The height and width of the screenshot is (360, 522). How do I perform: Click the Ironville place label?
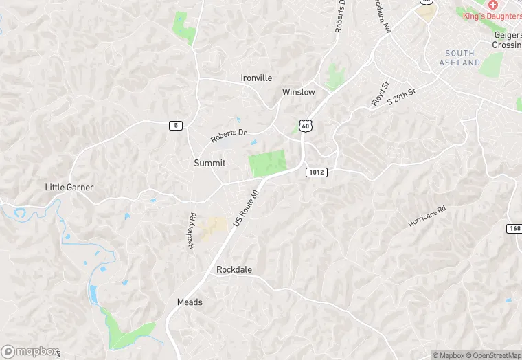pos(256,78)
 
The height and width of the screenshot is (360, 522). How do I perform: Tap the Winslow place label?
pos(298,92)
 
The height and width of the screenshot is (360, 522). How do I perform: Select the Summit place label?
pos(209,163)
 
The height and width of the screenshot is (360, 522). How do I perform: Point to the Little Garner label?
pos(69,188)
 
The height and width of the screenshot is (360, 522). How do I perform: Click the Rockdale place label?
pos(234,270)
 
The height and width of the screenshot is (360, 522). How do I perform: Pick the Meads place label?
pos(190,302)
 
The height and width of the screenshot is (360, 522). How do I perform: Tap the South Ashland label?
pos(459,58)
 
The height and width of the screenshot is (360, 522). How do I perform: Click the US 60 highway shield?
pos(306,126)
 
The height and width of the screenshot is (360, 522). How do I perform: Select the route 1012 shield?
pos(316,172)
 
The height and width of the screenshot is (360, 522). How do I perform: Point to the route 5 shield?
pos(177,125)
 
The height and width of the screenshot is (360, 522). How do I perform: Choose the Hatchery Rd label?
pos(192,229)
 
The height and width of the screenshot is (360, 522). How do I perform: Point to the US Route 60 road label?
pos(247,210)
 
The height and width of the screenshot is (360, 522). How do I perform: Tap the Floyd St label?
pos(380,94)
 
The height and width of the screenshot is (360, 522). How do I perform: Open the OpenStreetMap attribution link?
pos(495,355)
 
